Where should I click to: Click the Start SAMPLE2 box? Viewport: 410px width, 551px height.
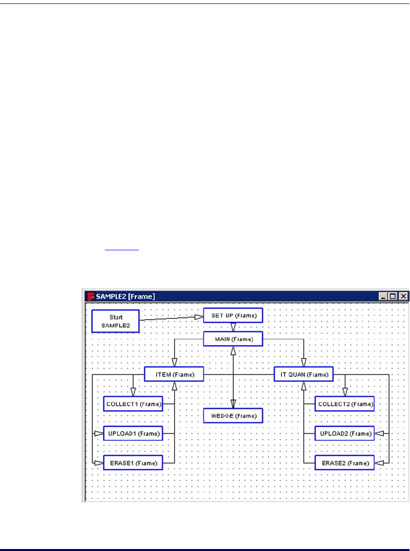click(x=115, y=321)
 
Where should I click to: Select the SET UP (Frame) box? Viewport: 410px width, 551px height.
click(x=232, y=316)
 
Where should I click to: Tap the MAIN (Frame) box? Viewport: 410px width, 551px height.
click(x=232, y=339)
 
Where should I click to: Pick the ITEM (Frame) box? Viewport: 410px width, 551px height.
click(x=174, y=374)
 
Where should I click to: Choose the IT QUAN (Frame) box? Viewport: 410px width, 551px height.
click(x=304, y=374)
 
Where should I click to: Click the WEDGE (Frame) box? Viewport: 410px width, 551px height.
click(x=232, y=415)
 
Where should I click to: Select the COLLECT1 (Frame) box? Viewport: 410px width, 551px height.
click(x=133, y=404)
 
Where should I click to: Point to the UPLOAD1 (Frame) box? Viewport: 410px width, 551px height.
click(x=133, y=434)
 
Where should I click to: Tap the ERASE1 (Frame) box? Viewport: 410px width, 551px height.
click(x=133, y=463)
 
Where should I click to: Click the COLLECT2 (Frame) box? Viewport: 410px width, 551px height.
click(x=345, y=404)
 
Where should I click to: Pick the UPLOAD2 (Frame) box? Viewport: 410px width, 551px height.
click(x=345, y=434)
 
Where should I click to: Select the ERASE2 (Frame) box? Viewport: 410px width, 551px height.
click(x=345, y=463)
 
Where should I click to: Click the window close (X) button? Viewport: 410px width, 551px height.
click(x=403, y=296)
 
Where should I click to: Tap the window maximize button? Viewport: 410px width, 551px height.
click(x=393, y=296)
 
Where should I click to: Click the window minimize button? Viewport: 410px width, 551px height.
click(x=384, y=296)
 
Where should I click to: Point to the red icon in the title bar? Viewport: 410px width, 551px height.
click(x=91, y=296)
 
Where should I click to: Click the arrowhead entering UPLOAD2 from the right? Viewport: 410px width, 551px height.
click(x=379, y=434)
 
